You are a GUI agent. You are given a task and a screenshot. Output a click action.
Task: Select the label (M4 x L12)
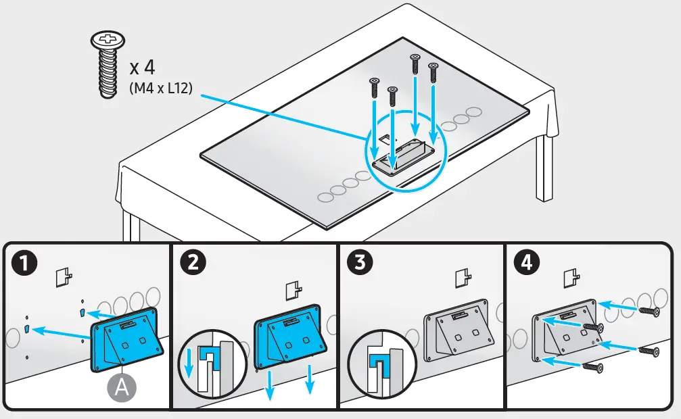pos(160,89)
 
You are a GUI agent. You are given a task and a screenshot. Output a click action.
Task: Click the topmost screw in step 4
pos(647,309)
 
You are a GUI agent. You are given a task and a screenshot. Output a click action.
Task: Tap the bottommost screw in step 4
pos(592,366)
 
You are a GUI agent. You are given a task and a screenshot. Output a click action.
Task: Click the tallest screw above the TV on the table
pos(414,64)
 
